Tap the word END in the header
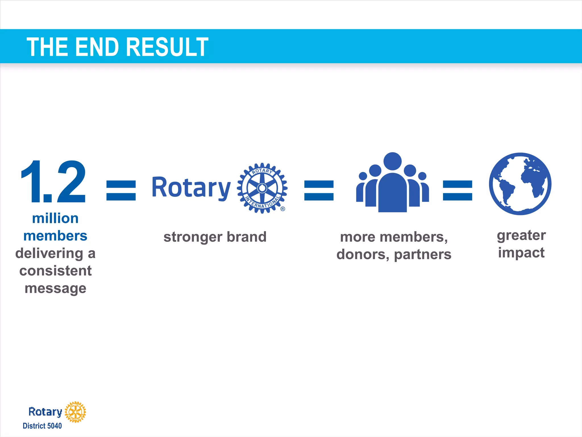(x=97, y=47)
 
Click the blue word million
(x=55, y=218)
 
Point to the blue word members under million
(x=55, y=236)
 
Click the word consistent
(x=56, y=271)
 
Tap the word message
(x=56, y=288)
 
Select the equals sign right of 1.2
(x=121, y=191)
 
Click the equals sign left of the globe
(x=458, y=191)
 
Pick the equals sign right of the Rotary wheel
(x=319, y=191)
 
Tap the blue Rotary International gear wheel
(x=262, y=188)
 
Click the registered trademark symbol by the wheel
(x=283, y=209)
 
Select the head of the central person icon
(x=392, y=161)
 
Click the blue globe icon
(x=520, y=184)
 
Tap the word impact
(x=521, y=253)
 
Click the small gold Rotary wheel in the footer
(x=75, y=412)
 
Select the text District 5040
(x=42, y=426)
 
